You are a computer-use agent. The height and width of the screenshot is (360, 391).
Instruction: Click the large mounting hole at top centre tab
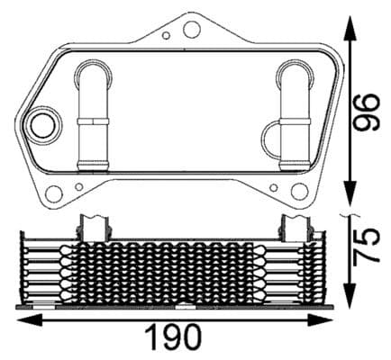(x=190, y=30)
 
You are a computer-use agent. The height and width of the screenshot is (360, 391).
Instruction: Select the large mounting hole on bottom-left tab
(x=53, y=192)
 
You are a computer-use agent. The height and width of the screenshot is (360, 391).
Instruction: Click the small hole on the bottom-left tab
(x=78, y=187)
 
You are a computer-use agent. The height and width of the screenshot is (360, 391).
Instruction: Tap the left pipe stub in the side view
(x=95, y=225)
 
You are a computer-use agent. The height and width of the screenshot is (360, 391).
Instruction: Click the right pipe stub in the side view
(x=295, y=225)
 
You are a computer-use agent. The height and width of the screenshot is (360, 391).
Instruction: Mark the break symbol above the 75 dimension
(x=350, y=216)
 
